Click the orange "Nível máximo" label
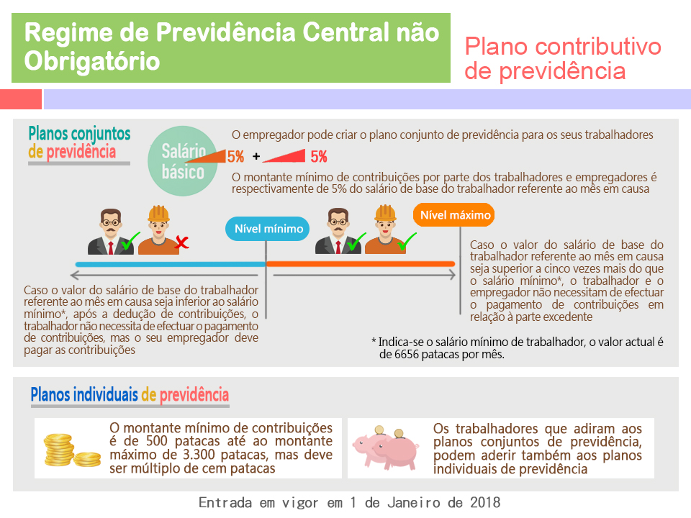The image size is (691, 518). (x=453, y=215)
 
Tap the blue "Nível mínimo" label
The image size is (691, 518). (x=268, y=229)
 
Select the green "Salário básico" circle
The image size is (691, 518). (x=182, y=160)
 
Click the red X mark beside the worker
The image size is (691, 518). (x=181, y=242)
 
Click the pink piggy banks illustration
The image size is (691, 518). (x=386, y=447)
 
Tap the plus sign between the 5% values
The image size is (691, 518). (x=256, y=156)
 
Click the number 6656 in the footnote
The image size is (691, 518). (x=407, y=354)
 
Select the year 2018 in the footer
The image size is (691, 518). (x=484, y=503)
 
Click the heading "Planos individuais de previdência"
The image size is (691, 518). (x=130, y=395)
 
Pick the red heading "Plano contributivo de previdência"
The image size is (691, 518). (x=563, y=58)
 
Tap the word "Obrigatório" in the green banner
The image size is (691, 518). (x=91, y=60)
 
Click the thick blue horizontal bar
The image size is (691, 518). (x=171, y=264)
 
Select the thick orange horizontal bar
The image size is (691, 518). (x=361, y=264)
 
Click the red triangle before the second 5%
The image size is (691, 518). (x=284, y=156)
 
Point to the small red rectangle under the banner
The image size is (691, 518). (x=21, y=99)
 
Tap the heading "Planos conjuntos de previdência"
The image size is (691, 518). (x=79, y=142)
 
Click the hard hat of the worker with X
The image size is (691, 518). (x=158, y=214)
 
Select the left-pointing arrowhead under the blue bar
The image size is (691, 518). (x=74, y=276)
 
